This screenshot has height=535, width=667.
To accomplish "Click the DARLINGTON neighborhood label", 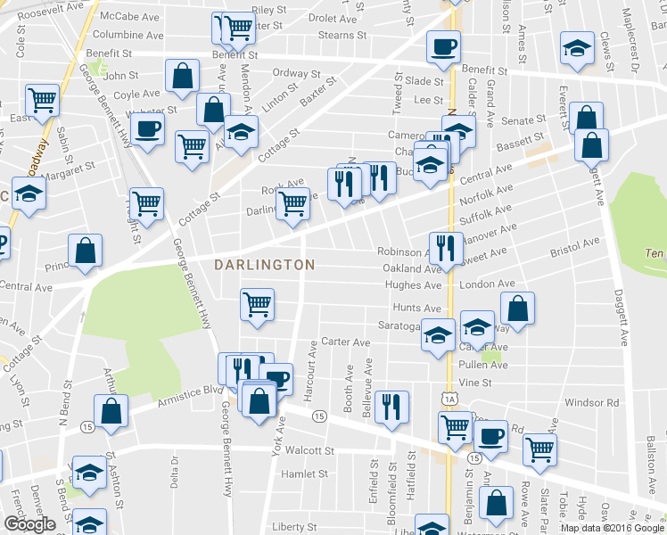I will click(x=265, y=265).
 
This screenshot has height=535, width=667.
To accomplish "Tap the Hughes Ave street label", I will click(x=413, y=285).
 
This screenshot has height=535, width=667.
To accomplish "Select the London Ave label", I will click(x=488, y=284).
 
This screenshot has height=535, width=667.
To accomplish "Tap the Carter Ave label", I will click(x=345, y=342).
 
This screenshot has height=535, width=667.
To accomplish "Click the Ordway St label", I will click(x=296, y=73).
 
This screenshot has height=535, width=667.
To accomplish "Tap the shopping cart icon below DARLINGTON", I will click(x=257, y=304).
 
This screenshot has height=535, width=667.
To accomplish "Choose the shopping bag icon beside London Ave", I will click(x=517, y=309).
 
